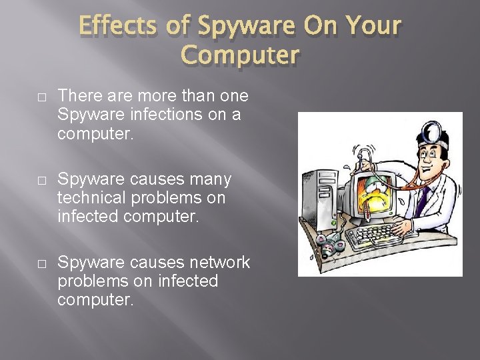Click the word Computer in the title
241,55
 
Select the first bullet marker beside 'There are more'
41,97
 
